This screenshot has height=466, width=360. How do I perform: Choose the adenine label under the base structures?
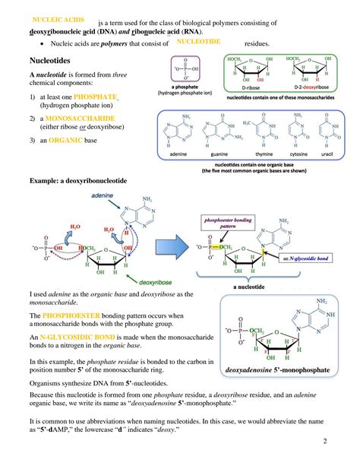pos(178,154)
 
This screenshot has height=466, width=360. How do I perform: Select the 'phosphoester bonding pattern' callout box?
pos(229,227)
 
